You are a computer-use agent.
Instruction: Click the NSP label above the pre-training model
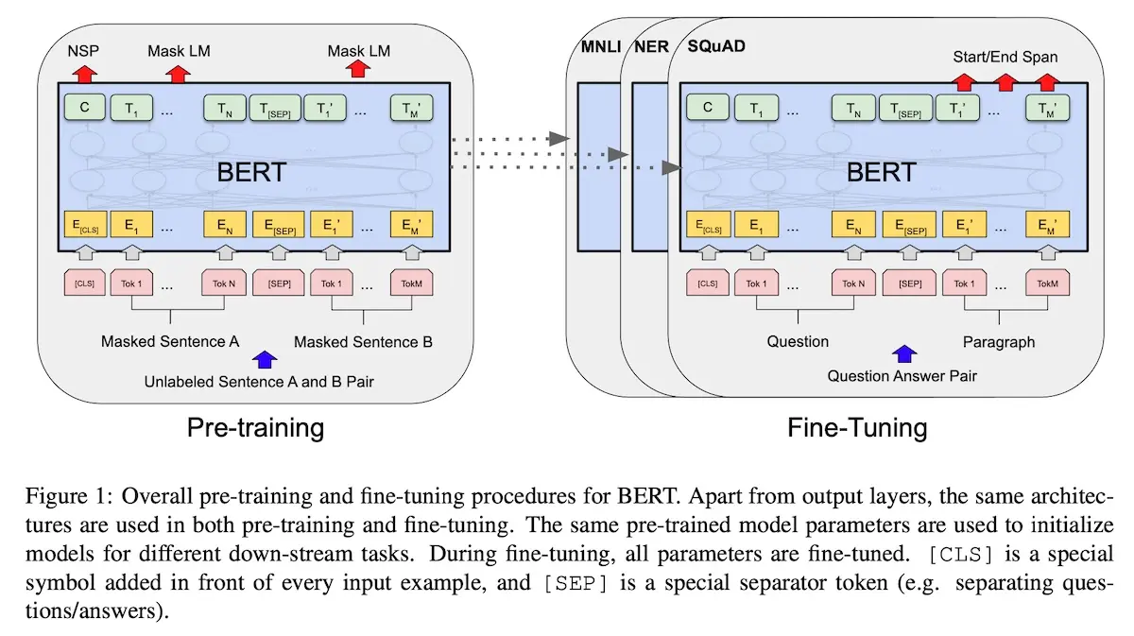(x=84, y=50)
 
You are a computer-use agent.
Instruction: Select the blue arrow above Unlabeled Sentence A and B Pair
(x=266, y=359)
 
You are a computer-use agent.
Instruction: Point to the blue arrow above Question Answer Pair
(x=905, y=354)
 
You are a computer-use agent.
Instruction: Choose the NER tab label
(x=650, y=46)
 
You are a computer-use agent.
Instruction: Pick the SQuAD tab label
(x=710, y=46)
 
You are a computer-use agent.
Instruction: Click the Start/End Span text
(x=1005, y=57)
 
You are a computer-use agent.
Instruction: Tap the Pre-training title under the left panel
(x=254, y=427)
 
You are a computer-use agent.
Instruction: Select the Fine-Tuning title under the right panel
(x=857, y=427)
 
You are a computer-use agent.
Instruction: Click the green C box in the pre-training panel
(x=84, y=108)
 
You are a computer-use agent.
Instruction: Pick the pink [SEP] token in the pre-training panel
(x=279, y=284)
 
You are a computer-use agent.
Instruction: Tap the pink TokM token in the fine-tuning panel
(x=1048, y=284)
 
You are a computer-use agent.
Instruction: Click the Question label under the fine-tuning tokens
(x=799, y=341)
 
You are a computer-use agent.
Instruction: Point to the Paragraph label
(x=999, y=341)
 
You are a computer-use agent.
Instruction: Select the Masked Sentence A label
(x=170, y=341)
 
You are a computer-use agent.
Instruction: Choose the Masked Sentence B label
(x=363, y=341)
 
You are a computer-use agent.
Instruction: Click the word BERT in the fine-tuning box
(x=881, y=172)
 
